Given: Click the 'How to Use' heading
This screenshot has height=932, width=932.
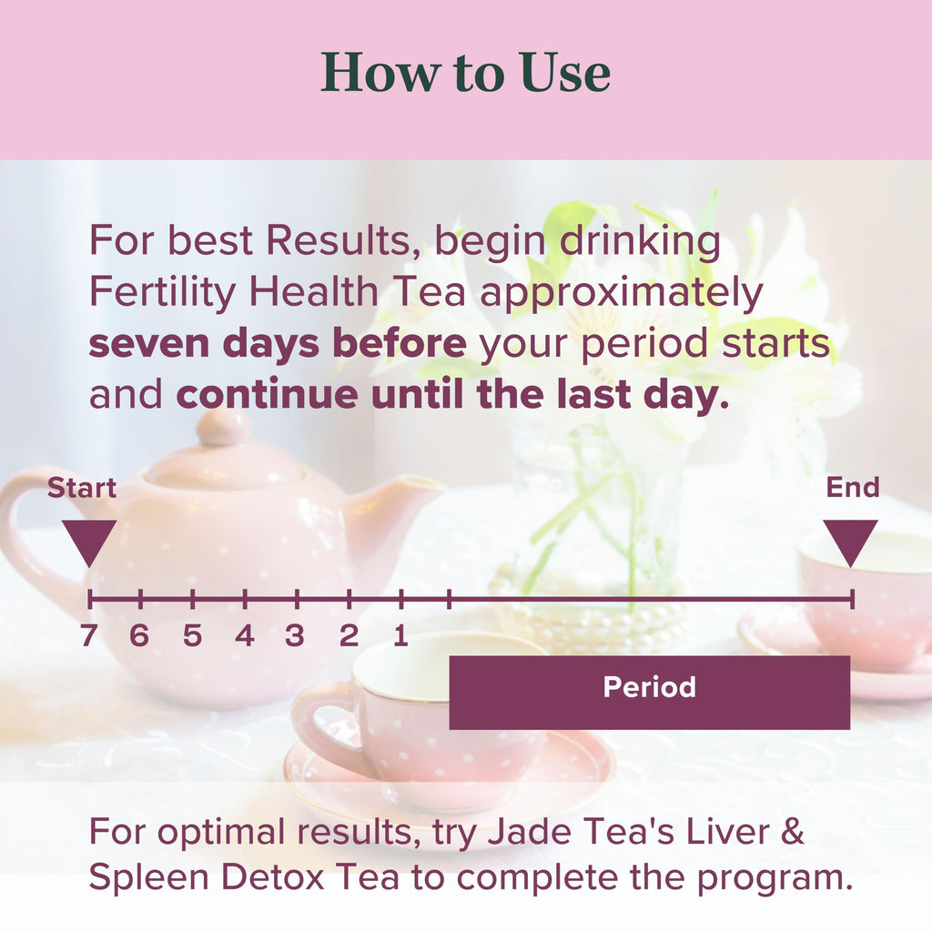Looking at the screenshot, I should point(465,74).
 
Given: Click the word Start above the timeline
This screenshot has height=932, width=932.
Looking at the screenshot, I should point(82,489).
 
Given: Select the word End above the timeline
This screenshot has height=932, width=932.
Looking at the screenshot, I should point(853,488).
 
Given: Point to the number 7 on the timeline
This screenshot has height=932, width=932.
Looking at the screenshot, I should point(88,636).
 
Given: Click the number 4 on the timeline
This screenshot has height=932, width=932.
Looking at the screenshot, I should point(245,636).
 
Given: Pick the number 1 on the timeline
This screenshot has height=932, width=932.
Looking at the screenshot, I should point(400,636).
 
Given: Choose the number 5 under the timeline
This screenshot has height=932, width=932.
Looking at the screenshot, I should point(192,636).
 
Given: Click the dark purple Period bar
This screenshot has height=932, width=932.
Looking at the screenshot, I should point(650,692).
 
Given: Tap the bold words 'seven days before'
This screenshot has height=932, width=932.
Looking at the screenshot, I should point(278,345).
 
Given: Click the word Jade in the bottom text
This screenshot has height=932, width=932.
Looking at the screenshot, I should point(512,833).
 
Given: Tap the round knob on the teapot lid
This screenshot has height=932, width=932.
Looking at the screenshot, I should point(223,427).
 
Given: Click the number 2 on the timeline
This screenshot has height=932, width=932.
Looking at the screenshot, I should point(349,636).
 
